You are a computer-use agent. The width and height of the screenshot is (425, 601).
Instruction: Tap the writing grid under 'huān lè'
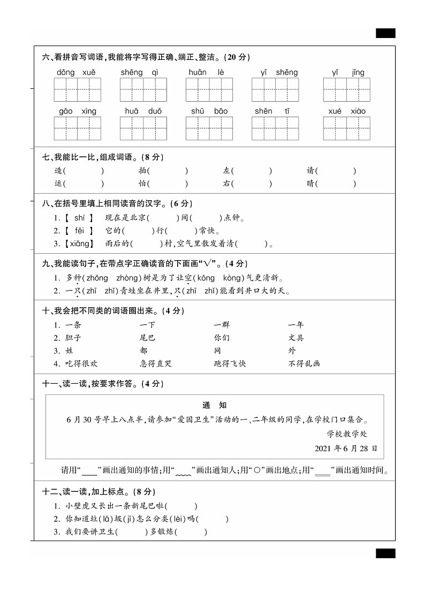(209, 89)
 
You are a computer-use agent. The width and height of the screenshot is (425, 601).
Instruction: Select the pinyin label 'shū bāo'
(209, 111)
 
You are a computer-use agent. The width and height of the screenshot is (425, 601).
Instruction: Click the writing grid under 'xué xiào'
(346, 128)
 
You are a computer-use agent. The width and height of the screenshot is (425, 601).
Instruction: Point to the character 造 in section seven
(58, 171)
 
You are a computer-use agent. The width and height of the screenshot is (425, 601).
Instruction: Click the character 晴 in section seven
(310, 184)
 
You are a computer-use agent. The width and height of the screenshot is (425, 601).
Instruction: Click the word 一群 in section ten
(222, 325)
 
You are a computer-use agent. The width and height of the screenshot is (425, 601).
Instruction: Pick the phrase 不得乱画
(304, 363)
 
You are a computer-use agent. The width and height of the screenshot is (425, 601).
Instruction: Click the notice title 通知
(215, 405)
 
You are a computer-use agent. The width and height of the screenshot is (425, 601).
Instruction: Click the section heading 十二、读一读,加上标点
(98, 491)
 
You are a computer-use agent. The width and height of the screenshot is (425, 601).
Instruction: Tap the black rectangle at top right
(385, 33)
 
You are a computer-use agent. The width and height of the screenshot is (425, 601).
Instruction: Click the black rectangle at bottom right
(385, 553)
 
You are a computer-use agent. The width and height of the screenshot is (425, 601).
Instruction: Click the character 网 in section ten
(217, 351)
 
